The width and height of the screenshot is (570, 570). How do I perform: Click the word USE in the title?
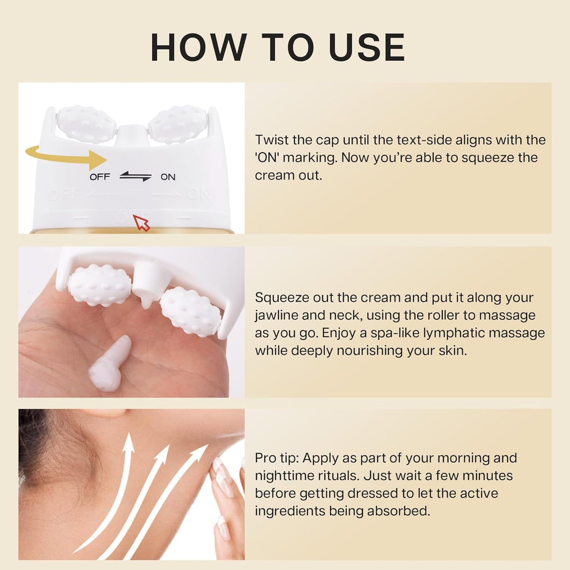366,47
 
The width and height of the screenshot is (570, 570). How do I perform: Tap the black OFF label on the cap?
100,177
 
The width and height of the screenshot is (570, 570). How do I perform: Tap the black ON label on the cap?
168,177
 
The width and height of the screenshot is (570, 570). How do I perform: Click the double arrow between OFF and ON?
135,177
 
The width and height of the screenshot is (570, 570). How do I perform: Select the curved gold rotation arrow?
66,157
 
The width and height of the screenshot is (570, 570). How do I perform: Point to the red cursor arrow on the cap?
141,222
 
